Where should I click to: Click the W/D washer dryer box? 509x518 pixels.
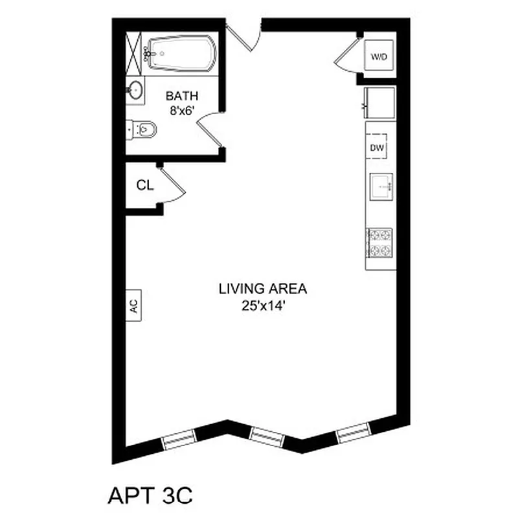click(379, 57)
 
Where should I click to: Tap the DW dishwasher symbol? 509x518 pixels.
click(377, 148)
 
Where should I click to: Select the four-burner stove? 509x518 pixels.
click(379, 242)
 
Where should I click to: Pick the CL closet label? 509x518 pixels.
click(145, 186)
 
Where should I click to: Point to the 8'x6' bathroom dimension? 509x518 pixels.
click(182, 110)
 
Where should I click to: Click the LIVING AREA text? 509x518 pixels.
click(262, 289)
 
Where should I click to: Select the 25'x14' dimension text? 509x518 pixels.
click(262, 306)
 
